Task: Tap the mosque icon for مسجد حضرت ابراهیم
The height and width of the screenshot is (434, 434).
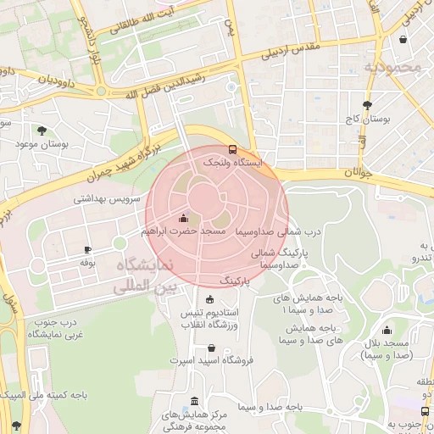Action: point(183,217)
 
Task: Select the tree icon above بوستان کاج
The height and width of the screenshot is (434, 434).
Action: point(366,106)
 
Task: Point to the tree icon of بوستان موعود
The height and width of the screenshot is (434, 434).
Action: point(41,131)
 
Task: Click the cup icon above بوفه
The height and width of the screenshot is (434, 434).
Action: point(87,250)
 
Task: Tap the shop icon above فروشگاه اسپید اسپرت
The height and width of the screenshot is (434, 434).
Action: point(211,348)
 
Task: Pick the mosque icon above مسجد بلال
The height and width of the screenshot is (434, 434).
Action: point(387,331)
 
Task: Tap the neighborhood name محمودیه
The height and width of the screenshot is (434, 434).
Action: point(392,66)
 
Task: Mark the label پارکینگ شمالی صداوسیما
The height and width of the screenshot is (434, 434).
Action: point(281,259)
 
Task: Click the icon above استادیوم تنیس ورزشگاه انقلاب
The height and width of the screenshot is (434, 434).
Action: point(210,299)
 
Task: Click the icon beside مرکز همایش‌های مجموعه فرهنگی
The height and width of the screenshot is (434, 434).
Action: point(196,401)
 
